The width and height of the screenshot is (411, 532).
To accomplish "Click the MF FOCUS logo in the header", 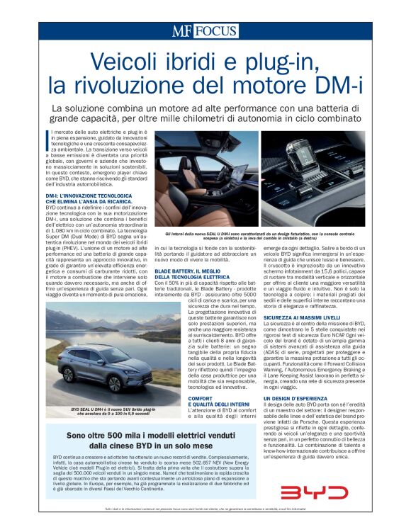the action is point(205,31).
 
